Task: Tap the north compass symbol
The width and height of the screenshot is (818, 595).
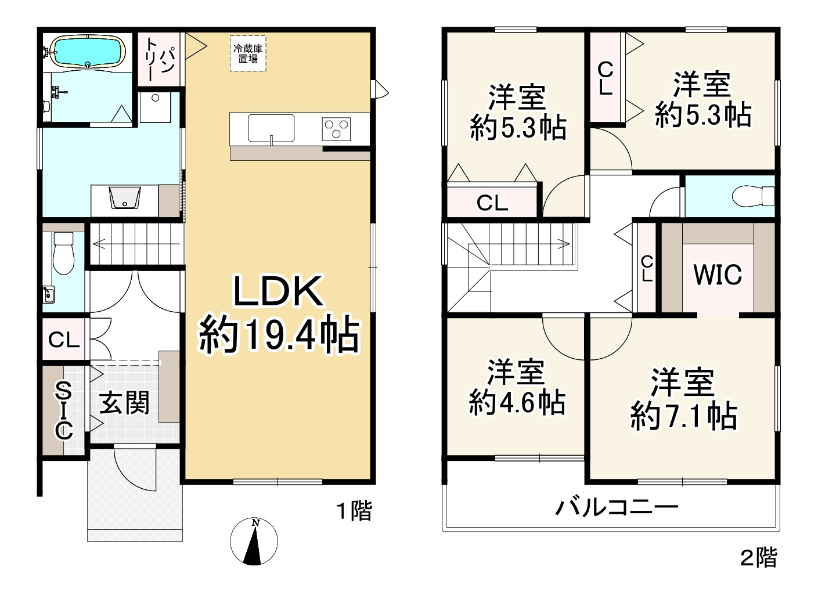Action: click(x=254, y=540)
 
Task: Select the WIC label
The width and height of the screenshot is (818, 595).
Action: click(x=718, y=274)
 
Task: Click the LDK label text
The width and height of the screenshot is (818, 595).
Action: click(x=278, y=292)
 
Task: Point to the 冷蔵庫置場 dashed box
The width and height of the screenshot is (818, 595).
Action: click(x=248, y=54)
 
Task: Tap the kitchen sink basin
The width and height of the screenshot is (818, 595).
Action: click(x=271, y=128)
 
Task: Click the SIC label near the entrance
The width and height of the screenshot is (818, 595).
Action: click(x=63, y=410)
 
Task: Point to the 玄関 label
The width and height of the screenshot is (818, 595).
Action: click(x=124, y=403)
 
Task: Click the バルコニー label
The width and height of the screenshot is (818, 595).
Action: click(x=617, y=507)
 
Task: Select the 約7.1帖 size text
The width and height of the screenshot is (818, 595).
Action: click(x=683, y=416)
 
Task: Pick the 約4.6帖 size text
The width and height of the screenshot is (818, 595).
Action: click(x=517, y=402)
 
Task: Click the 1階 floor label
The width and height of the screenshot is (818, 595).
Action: click(x=355, y=511)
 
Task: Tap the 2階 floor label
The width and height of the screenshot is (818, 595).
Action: click(x=758, y=558)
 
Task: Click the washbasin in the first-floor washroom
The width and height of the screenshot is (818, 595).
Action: click(x=125, y=198)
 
